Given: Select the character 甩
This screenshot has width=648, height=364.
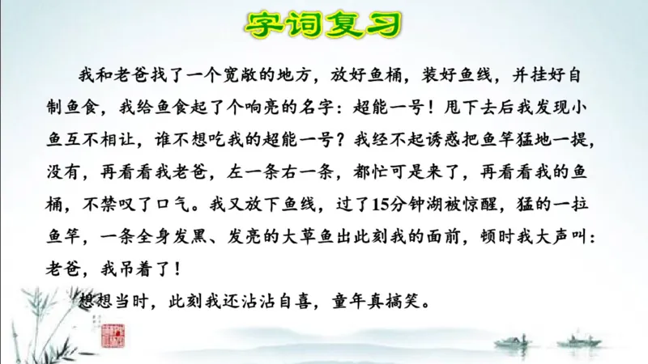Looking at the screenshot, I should [444, 104].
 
